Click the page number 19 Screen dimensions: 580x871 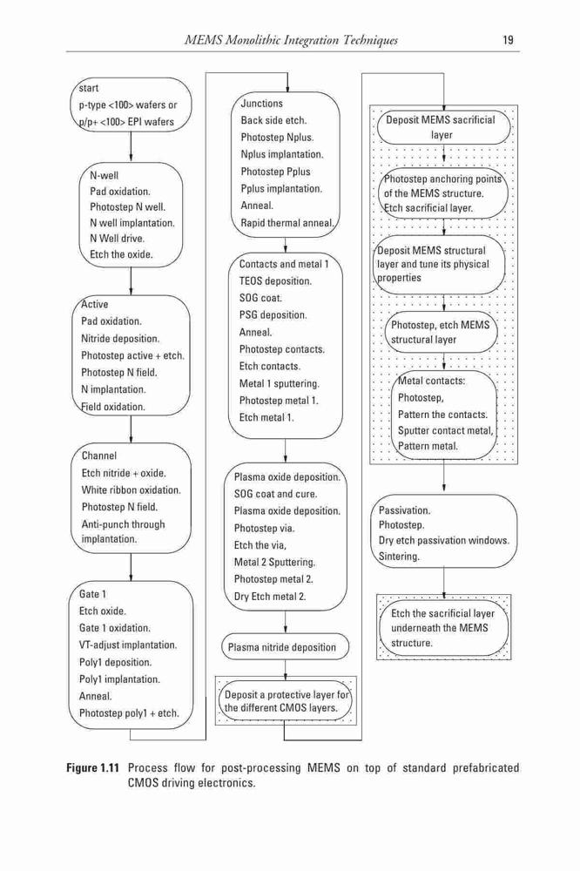click(x=508, y=40)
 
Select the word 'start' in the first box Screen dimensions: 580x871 click(x=88, y=88)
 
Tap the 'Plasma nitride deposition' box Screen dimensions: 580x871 click(x=286, y=647)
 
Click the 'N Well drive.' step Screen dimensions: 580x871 click(x=118, y=239)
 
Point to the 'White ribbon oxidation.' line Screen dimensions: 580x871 click(x=132, y=490)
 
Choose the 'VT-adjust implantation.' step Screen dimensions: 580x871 click(x=128, y=645)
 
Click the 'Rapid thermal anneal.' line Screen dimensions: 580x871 click(x=287, y=223)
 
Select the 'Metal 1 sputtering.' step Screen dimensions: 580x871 click(x=280, y=384)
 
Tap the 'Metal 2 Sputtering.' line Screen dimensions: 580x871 click(x=274, y=562)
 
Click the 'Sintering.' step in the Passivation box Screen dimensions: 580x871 click(x=399, y=556)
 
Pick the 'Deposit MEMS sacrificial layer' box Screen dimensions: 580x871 click(x=443, y=128)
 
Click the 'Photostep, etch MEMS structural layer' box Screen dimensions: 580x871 click(x=442, y=332)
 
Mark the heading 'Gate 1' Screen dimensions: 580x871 click(x=92, y=594)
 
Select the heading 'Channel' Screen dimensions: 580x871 click(x=99, y=456)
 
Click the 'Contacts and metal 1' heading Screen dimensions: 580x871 click(x=284, y=265)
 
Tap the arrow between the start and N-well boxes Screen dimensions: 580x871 click(x=131, y=147)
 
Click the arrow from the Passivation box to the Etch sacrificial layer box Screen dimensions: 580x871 click(x=444, y=584)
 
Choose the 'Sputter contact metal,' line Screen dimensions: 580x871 click(x=446, y=430)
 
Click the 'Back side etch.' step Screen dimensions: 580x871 click(x=273, y=120)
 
